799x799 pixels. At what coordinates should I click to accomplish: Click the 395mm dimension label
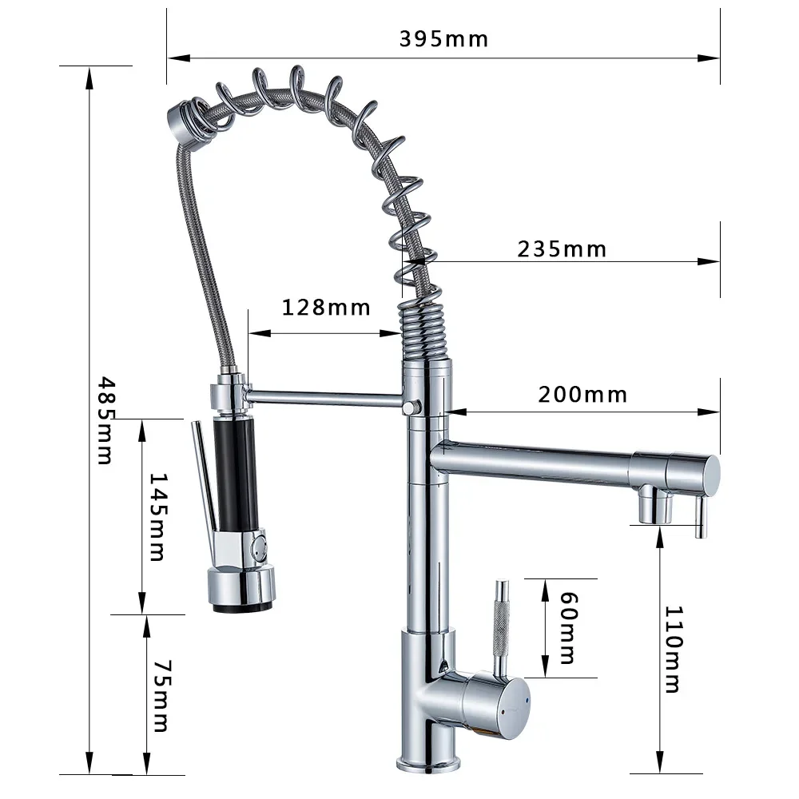click(443, 38)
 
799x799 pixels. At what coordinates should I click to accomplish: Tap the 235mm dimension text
click(562, 249)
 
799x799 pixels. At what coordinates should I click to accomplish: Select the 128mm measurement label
click(326, 307)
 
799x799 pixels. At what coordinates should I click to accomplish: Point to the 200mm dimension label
click(582, 395)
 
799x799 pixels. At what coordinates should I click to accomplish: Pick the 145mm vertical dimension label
click(158, 516)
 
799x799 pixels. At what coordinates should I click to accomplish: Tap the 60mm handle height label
click(567, 628)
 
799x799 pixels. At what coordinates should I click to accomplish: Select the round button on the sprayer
click(258, 548)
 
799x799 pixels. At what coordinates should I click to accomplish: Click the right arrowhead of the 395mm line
click(711, 58)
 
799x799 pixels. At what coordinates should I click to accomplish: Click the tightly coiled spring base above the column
click(423, 332)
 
